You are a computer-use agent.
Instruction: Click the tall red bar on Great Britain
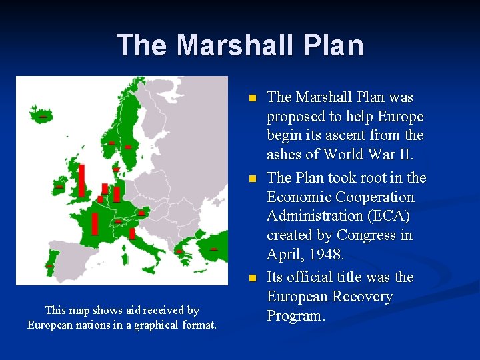tap(81, 181)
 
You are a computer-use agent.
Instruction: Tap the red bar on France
tap(95, 224)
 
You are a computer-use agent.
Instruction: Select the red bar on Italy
tap(132, 233)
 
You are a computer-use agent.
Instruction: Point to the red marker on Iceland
tap(42, 117)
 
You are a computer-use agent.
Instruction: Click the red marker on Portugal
tap(49, 266)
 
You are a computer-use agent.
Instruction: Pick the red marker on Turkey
tap(213, 249)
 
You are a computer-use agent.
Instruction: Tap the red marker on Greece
tap(179, 252)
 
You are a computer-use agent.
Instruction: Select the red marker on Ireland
tap(59, 187)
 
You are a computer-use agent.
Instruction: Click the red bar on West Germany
tap(117, 194)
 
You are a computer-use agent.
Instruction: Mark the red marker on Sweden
tap(128, 147)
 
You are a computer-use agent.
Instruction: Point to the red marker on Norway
tap(111, 143)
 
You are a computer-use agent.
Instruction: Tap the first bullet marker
tap(251, 98)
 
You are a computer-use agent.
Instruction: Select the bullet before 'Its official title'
tap(251, 278)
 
